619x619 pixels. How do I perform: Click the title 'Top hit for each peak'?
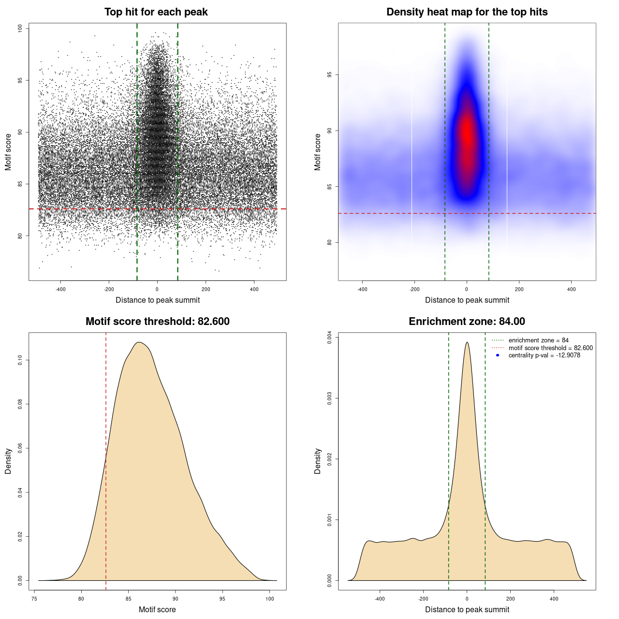click(156, 12)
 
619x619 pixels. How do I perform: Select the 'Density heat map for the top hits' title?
click(467, 12)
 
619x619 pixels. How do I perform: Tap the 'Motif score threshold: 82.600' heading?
click(157, 322)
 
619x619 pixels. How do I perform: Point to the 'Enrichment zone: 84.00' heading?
click(467, 322)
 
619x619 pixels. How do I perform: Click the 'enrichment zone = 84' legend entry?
click(538, 340)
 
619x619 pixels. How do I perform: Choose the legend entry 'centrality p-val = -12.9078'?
click(544, 355)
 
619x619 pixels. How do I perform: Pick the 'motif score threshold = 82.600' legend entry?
click(550, 348)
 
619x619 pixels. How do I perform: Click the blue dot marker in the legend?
click(498, 355)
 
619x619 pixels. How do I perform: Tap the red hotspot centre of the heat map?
click(467, 133)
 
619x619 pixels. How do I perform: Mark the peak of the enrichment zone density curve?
click(467, 342)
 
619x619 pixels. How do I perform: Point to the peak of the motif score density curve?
click(139, 342)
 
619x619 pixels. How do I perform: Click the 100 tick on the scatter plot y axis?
click(20, 29)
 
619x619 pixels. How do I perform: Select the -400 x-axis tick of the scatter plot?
click(60, 289)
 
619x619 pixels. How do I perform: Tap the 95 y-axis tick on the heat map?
click(330, 75)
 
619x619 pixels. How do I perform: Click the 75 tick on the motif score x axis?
click(34, 599)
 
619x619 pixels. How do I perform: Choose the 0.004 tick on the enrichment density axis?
click(330, 338)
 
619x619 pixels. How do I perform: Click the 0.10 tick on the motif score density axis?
click(20, 360)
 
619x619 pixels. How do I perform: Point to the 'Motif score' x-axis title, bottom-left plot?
click(157, 609)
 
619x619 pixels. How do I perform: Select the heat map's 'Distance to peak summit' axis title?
click(467, 300)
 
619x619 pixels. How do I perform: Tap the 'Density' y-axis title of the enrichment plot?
click(318, 461)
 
